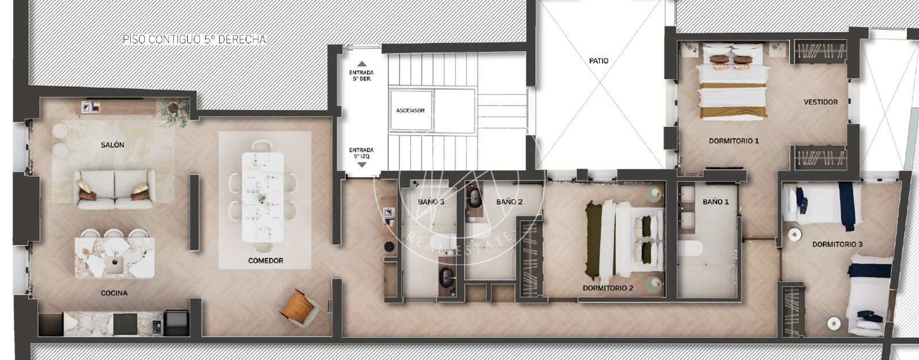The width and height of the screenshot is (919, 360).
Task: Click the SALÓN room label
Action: (113, 145)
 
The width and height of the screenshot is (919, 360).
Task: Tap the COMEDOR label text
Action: (265, 261)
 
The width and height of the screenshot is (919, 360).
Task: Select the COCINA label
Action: (114, 293)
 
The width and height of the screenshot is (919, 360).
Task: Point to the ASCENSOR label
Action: (410, 111)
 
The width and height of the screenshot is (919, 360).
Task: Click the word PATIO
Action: (598, 61)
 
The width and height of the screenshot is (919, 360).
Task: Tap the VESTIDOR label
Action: (821, 102)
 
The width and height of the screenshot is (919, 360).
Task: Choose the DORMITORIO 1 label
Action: (734, 141)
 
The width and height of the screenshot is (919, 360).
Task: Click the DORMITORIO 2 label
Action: (608, 288)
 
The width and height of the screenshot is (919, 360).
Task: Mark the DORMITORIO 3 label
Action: (837, 245)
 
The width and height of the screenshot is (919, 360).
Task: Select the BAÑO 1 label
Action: (716, 202)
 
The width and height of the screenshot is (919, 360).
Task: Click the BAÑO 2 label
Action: (509, 202)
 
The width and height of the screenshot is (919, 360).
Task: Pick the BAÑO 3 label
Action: (431, 202)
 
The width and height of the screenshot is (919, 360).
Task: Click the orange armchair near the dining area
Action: (299, 308)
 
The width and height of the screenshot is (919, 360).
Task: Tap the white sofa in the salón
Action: (114, 189)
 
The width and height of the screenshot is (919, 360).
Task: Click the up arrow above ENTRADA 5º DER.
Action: (361, 64)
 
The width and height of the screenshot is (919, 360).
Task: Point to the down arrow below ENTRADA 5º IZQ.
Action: (361, 165)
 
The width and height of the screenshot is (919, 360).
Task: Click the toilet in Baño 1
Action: (690, 248)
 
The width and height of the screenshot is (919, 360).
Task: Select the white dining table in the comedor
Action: (262, 197)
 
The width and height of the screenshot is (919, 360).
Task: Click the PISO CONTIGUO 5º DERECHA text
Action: (195, 40)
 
